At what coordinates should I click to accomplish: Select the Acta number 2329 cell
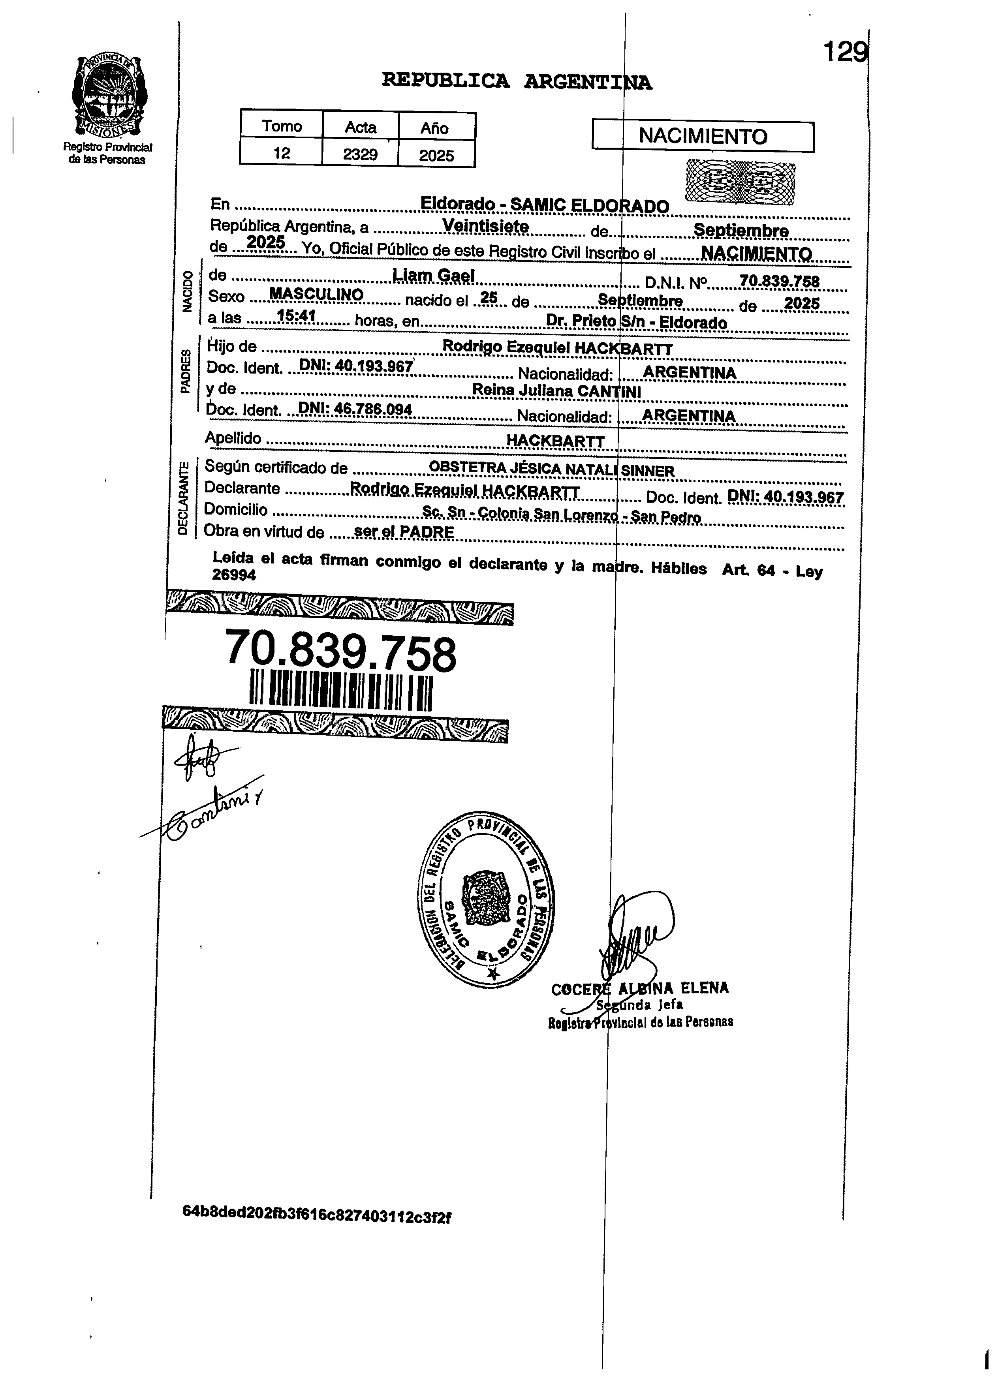coord(360,154)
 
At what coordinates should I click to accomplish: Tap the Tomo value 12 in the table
coord(281,153)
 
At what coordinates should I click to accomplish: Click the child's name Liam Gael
coord(434,276)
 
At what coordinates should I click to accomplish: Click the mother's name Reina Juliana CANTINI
coord(556,391)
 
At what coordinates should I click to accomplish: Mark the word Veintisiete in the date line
coord(485,226)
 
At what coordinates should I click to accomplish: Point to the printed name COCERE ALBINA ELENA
coord(639,988)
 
